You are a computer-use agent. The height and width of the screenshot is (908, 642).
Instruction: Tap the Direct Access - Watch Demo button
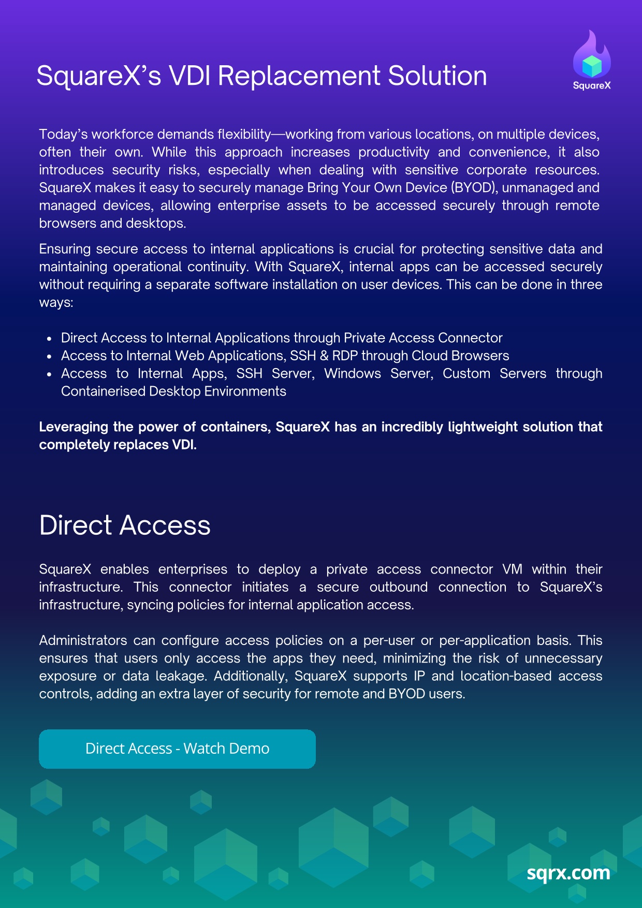tap(177, 749)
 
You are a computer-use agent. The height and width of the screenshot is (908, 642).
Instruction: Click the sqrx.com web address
tap(568, 873)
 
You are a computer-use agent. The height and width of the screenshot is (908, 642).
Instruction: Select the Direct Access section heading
tap(125, 525)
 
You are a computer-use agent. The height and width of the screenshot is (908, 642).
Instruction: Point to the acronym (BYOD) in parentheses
tap(471, 187)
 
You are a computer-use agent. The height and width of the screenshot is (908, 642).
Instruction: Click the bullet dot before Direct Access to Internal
tap(49, 339)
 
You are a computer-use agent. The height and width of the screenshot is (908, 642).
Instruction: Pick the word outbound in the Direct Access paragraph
tap(398, 587)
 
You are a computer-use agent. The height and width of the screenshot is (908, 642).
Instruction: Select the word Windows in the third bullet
tap(352, 373)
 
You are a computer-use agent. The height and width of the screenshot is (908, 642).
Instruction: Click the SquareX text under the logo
tap(592, 86)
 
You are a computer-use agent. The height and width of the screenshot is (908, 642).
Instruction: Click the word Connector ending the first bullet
tap(470, 338)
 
